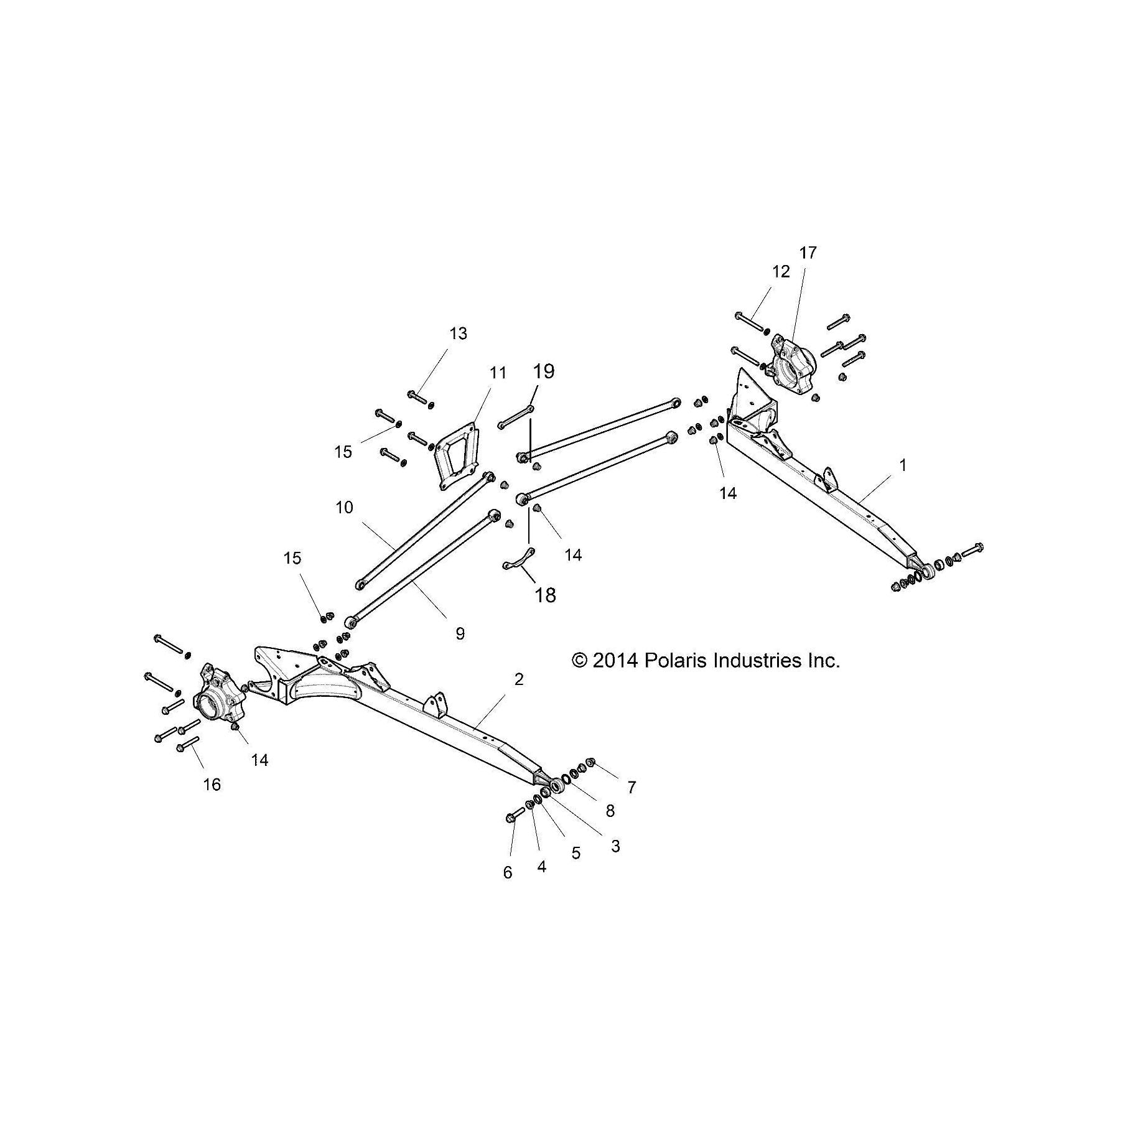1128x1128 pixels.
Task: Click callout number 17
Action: click(x=808, y=253)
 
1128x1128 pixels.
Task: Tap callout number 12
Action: click(x=781, y=271)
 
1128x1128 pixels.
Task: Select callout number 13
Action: click(x=458, y=333)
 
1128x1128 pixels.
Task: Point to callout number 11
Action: click(x=498, y=373)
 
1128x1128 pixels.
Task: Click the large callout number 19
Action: click(x=543, y=371)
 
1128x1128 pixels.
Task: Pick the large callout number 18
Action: click(x=545, y=595)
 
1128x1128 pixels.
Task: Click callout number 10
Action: click(x=344, y=508)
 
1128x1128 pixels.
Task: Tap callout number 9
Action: click(x=460, y=633)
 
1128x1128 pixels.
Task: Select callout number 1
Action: click(x=903, y=465)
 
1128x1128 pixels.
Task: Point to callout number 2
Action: click(x=519, y=679)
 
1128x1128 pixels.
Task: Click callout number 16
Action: click(x=212, y=785)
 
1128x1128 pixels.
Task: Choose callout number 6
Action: click(x=508, y=873)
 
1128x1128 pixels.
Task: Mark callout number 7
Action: click(x=632, y=788)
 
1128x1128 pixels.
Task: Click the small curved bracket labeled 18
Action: click(x=518, y=559)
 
